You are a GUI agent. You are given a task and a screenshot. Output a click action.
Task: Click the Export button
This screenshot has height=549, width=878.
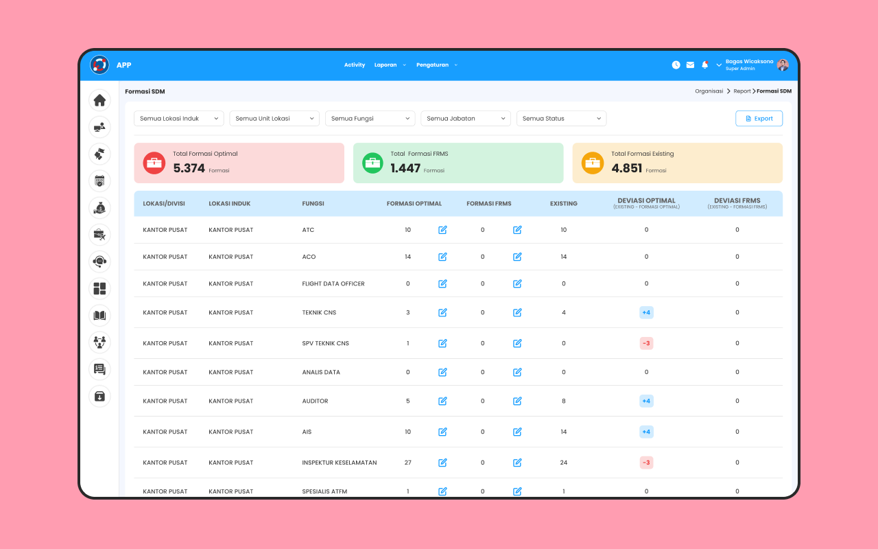click(759, 119)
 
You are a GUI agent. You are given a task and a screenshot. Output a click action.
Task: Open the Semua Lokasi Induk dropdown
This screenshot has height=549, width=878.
click(179, 119)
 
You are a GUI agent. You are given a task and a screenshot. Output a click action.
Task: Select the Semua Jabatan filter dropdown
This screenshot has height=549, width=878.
click(466, 119)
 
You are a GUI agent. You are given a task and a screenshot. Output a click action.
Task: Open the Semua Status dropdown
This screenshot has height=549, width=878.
click(561, 119)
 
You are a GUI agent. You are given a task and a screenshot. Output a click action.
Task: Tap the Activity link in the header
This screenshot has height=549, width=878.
click(355, 65)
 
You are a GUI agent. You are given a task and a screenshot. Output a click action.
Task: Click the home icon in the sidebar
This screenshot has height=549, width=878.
click(99, 100)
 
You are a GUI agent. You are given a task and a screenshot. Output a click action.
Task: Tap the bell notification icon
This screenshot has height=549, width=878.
click(704, 65)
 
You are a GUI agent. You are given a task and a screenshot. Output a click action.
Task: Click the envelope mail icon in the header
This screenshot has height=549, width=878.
click(690, 65)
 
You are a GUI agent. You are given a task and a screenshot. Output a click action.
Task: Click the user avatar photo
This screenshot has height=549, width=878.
click(783, 65)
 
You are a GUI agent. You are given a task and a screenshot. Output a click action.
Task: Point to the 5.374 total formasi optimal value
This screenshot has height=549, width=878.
click(189, 168)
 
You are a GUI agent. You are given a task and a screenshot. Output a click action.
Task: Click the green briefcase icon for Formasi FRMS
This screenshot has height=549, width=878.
click(372, 163)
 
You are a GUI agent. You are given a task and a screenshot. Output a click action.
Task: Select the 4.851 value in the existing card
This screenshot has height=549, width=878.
click(627, 168)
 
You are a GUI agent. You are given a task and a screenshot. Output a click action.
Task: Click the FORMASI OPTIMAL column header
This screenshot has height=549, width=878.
click(414, 204)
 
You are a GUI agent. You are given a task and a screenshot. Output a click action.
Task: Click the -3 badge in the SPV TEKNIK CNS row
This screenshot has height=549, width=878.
click(646, 343)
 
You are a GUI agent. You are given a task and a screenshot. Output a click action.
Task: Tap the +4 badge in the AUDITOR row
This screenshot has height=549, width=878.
click(646, 401)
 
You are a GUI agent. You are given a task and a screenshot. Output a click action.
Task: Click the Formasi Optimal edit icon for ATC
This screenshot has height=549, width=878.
click(442, 230)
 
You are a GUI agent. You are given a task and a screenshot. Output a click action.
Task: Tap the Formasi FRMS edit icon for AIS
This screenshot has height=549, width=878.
click(517, 432)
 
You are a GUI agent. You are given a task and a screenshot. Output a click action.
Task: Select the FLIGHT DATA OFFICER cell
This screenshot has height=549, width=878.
click(333, 283)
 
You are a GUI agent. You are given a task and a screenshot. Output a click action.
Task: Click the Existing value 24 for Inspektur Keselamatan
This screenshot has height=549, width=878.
click(564, 463)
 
